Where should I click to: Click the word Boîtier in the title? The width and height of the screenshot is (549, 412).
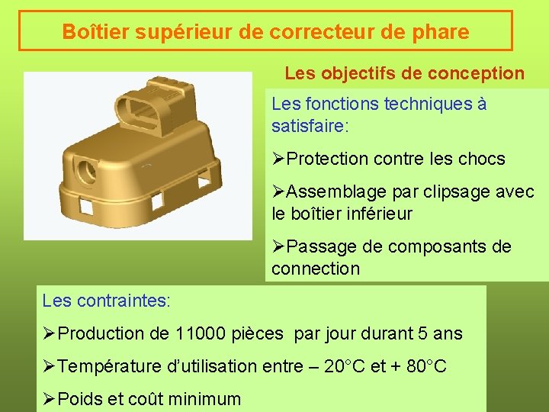coord(91,32)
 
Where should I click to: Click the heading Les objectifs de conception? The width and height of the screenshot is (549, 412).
coord(404,73)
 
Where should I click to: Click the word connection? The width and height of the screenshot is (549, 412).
coord(315,269)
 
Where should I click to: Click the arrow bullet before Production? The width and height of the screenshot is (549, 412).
coord(49,333)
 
